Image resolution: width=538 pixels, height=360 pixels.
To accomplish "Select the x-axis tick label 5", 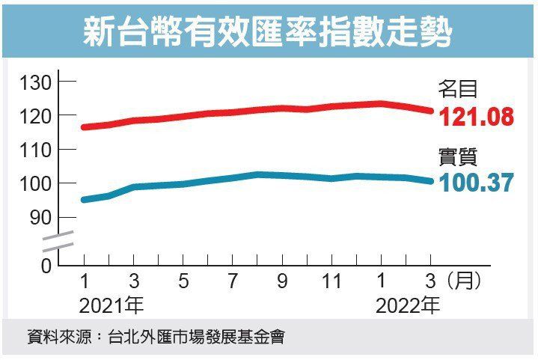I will (x=183, y=282).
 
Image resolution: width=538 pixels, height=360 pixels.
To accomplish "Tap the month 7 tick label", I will (x=233, y=282).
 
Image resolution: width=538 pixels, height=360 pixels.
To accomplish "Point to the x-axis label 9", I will (x=282, y=282).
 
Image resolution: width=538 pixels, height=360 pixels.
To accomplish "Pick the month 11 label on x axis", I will (x=331, y=282).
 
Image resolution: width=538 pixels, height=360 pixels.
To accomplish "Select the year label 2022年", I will (x=408, y=305).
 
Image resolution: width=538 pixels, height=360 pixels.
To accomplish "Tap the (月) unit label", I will (x=461, y=282).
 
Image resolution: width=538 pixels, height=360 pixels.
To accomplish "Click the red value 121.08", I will (x=477, y=118).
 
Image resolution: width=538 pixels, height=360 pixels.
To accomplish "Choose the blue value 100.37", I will (x=477, y=183).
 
